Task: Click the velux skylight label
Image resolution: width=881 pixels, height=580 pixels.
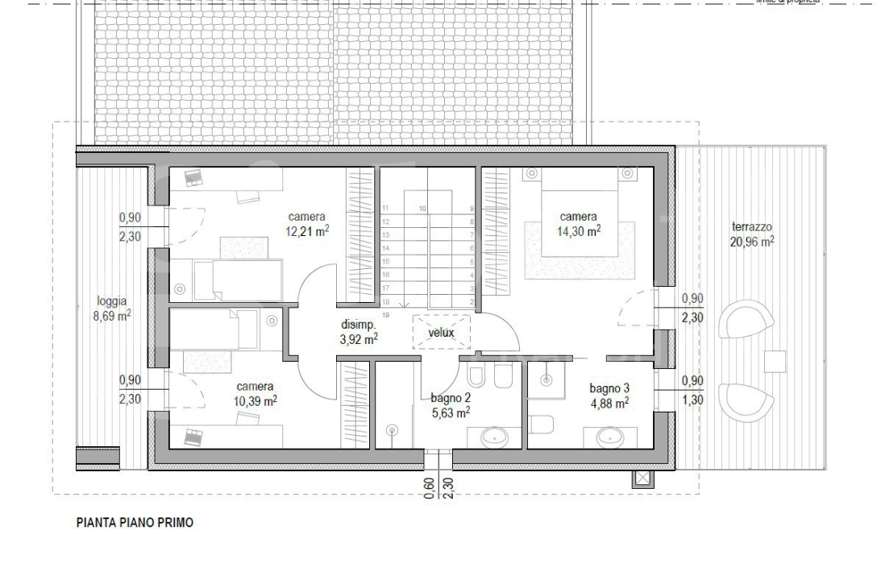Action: (x=441, y=332)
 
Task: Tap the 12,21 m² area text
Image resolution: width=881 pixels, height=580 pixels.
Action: (x=306, y=231)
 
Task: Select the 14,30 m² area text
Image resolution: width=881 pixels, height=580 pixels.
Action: (x=579, y=231)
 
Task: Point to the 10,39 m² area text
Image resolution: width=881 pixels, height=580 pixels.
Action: (x=255, y=400)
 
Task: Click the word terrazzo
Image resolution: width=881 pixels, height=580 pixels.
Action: (x=752, y=226)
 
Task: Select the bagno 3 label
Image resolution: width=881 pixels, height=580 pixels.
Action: (x=609, y=387)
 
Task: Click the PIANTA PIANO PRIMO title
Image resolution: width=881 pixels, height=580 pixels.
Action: (x=135, y=523)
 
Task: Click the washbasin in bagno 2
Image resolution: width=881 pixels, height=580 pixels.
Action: (x=494, y=437)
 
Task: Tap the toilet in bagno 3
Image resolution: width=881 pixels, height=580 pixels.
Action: (x=541, y=422)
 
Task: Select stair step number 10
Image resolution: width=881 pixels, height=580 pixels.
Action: (x=422, y=208)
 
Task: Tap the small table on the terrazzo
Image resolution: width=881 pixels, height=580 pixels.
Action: (x=775, y=360)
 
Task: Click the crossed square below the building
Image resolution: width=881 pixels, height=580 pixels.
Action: (x=642, y=478)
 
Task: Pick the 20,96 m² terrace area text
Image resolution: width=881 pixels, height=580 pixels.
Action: (x=752, y=241)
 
